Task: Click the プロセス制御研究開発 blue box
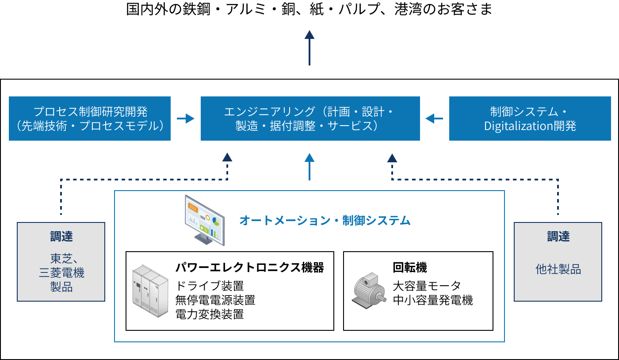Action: point(90,119)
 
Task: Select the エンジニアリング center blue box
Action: point(310,119)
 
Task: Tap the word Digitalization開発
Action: point(530,126)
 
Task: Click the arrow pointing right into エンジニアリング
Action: point(186,119)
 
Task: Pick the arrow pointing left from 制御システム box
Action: point(434,119)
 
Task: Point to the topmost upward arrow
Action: point(309,47)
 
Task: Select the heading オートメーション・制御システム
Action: point(325,220)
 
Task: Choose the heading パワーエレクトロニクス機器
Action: point(250,267)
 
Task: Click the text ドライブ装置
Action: point(210,286)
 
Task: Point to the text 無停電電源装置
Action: point(215,300)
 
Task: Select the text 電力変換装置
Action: point(210,314)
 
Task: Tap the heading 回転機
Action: point(410,267)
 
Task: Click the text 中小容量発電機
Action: point(433,300)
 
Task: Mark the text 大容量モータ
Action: point(427,286)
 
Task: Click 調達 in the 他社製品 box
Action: point(558,237)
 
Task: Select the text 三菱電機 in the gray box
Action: point(61,273)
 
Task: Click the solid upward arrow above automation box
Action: point(309,167)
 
